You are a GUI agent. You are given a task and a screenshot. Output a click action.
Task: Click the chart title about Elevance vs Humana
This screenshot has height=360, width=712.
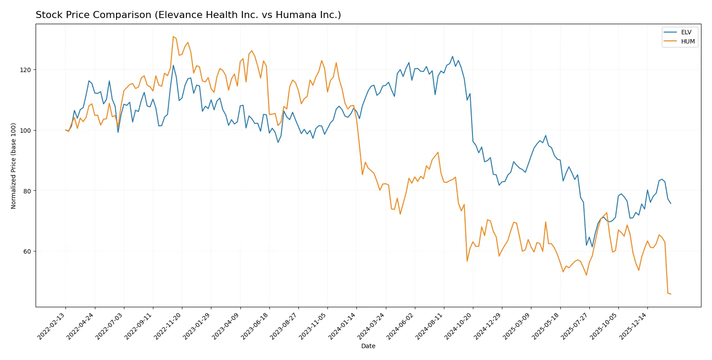(x=188, y=15)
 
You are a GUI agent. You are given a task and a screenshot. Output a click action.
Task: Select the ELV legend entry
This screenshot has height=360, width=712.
(x=686, y=32)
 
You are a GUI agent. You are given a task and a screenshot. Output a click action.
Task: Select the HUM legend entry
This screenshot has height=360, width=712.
(x=687, y=41)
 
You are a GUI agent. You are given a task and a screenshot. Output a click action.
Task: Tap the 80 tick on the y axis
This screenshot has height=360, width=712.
(x=27, y=191)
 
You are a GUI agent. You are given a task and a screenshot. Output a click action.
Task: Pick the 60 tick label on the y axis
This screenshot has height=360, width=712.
(x=27, y=251)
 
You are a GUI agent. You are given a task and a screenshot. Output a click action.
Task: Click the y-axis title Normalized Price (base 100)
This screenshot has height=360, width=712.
(x=14, y=166)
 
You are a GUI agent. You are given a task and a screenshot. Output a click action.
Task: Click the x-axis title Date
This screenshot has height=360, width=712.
(x=368, y=346)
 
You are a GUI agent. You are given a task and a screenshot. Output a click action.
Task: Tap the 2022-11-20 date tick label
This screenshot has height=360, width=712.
(x=168, y=326)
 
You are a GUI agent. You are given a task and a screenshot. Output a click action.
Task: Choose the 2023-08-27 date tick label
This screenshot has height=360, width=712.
(x=284, y=326)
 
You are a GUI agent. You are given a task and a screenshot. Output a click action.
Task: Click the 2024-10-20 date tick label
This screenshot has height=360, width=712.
(x=459, y=326)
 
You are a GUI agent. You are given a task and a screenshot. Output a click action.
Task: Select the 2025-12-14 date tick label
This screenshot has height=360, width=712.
(x=633, y=326)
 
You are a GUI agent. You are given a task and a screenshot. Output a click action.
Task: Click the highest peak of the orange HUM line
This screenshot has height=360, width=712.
(x=173, y=36)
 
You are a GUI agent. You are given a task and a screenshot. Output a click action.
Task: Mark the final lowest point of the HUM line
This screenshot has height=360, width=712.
(x=671, y=294)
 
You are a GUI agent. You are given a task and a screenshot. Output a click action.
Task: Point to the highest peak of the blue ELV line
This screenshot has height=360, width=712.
(x=453, y=56)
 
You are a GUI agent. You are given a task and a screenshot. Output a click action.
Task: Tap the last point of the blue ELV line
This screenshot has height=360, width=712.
(x=671, y=204)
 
